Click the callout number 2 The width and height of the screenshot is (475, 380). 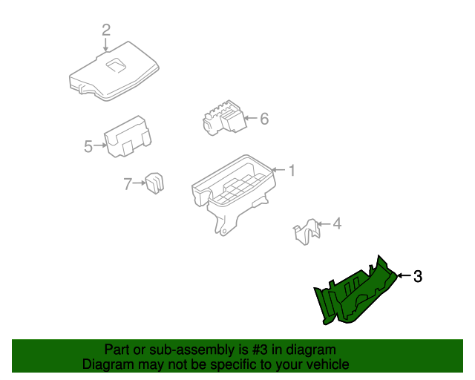coord(106,30)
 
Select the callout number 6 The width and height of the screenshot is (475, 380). coord(264,119)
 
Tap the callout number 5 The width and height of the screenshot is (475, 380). coord(88,146)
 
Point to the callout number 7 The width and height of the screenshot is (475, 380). coord(128,183)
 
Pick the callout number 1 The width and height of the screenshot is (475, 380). coord(292,170)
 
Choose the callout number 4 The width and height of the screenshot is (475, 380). coord(337,223)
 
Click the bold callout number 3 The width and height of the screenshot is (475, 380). coord(418,276)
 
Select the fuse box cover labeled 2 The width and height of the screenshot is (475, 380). coord(114,72)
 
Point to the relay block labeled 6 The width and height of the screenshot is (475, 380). coord(224,117)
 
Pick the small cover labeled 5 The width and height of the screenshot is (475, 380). coord(128,137)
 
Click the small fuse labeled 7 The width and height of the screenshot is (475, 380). coord(155,183)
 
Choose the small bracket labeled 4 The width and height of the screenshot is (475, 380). coord(307,232)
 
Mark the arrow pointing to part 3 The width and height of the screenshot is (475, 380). coord(404,275)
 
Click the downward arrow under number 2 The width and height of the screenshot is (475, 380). coord(105,45)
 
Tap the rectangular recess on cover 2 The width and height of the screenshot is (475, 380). coord(116,65)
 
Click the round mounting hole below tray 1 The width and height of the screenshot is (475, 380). coord(223,232)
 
